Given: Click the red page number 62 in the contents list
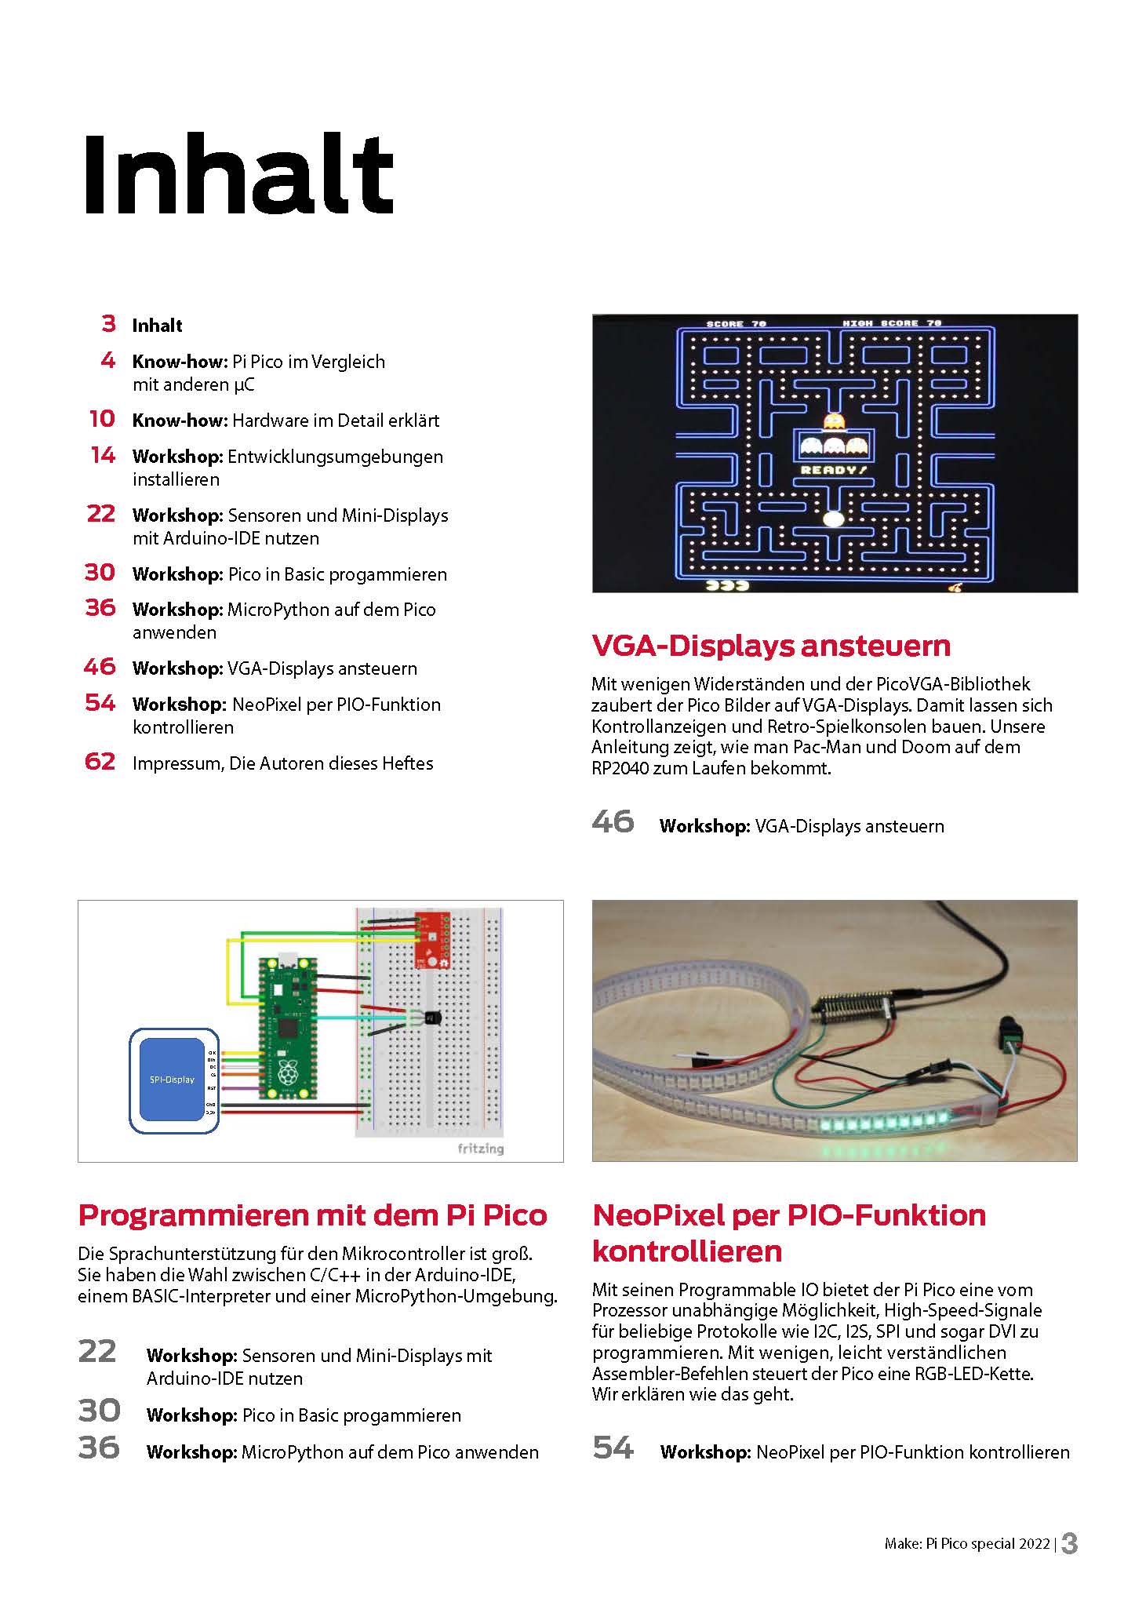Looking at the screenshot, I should click(100, 762).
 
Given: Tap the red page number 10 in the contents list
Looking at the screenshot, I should click(102, 419).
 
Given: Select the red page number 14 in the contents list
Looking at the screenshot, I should click(103, 455).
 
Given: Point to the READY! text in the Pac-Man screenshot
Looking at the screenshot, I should click(834, 470).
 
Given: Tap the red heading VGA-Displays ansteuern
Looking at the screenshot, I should click(770, 645).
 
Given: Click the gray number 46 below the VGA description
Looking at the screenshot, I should click(613, 821).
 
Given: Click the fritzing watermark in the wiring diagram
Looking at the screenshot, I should click(480, 1149).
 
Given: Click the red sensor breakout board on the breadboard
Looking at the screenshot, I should click(431, 940).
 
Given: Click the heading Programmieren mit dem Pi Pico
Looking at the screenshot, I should click(312, 1215).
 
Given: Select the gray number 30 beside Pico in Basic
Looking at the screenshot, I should click(99, 1411).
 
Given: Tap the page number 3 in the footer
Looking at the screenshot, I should click(1069, 1543).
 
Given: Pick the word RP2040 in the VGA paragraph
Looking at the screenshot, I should click(620, 768).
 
